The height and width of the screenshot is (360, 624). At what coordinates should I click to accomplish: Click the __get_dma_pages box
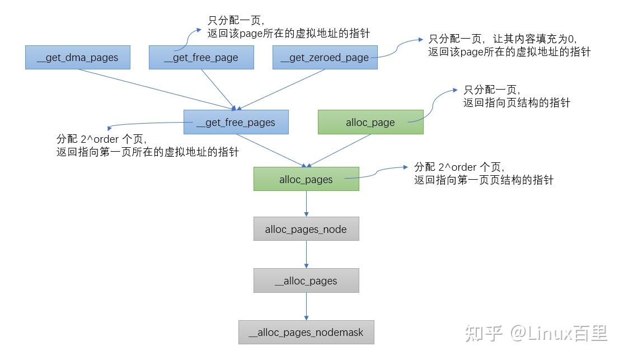coord(78,58)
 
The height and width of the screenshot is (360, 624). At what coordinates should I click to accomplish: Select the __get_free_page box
coord(201,58)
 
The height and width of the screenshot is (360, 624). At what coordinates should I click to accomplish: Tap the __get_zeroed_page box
coord(325,58)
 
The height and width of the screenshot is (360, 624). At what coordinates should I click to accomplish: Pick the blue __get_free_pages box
coord(236,122)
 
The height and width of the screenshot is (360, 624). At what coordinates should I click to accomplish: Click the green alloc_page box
coord(370,122)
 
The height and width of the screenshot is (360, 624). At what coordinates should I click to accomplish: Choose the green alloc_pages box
coord(306,179)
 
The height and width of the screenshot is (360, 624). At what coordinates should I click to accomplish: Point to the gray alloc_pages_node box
coord(306,229)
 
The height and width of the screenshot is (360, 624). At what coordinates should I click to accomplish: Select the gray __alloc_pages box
coord(306,280)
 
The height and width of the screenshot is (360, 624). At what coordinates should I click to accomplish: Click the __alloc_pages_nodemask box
coord(306,332)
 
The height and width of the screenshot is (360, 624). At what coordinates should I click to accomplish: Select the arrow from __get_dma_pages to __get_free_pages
coord(157,89)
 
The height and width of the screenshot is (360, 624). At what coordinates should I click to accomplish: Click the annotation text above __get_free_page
coord(288,27)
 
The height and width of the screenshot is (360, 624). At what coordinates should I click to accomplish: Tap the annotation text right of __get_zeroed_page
coord(509,45)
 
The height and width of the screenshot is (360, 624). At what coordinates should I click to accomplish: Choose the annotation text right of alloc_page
coord(516,96)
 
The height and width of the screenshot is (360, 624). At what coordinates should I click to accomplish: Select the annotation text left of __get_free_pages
coord(147,146)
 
